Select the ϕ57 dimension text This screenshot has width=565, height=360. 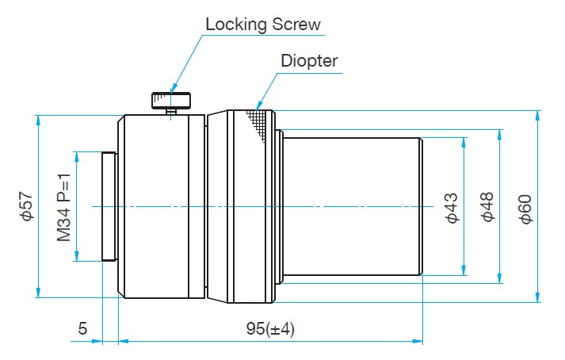27,206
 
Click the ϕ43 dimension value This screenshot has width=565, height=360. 452,207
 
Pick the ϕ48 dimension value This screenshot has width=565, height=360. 487,207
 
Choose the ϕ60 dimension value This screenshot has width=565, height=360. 525,207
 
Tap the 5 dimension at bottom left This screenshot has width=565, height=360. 82,329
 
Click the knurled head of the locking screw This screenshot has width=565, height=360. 171,100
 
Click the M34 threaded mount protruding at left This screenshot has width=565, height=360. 109,206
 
